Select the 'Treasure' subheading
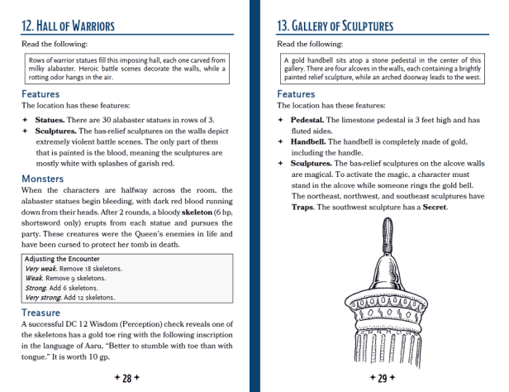[x=43, y=313]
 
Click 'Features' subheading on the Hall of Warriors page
[x=40, y=94]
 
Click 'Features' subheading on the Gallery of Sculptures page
[x=296, y=94]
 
